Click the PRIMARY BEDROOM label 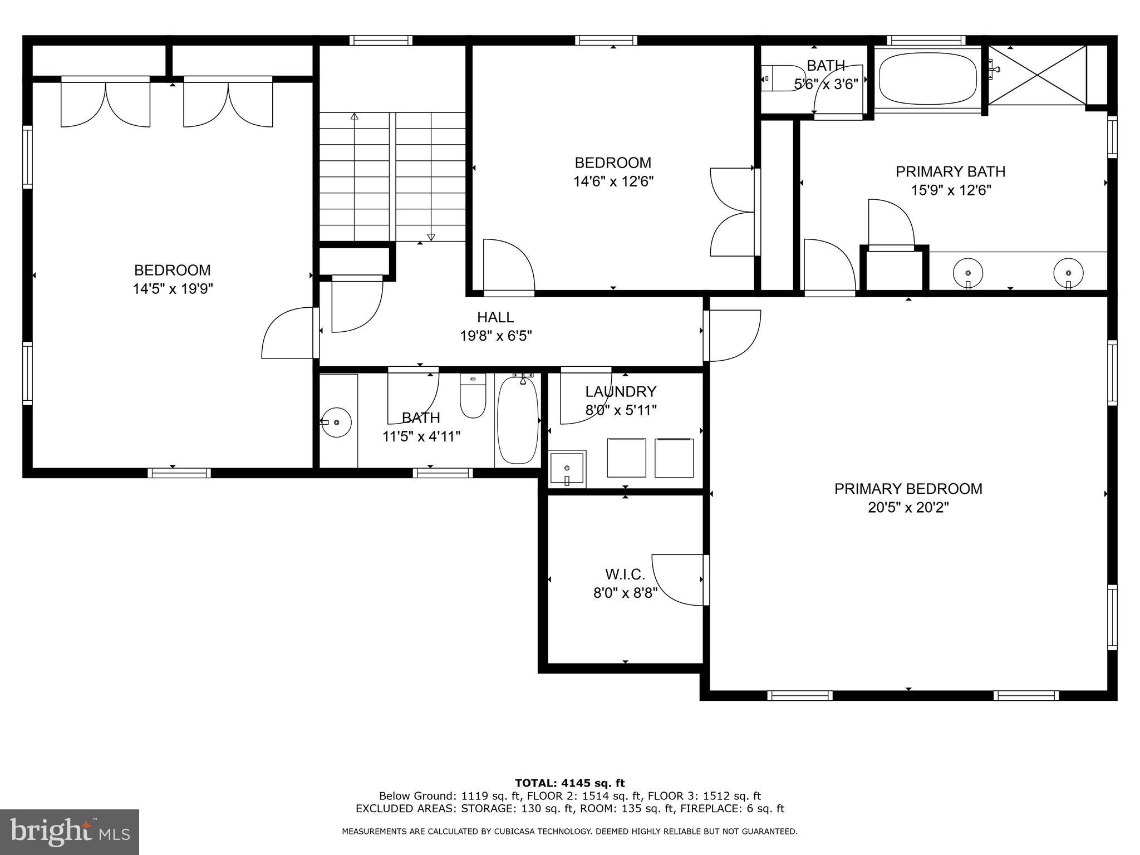pos(908,489)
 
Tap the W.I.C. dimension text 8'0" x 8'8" pos(625,593)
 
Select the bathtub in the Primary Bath pos(927,78)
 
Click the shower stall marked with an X pos(1038,75)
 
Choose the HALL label pos(495,317)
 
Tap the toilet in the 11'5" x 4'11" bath pos(473,397)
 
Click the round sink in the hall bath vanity pos(336,422)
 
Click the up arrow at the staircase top pos(354,116)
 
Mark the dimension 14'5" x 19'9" pos(173,289)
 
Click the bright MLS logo pos(70,832)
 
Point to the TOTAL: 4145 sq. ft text pos(569,783)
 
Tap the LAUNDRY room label pos(621,392)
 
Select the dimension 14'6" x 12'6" pos(613,181)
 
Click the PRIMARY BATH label pos(950,171)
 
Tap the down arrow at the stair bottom pos(430,238)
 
